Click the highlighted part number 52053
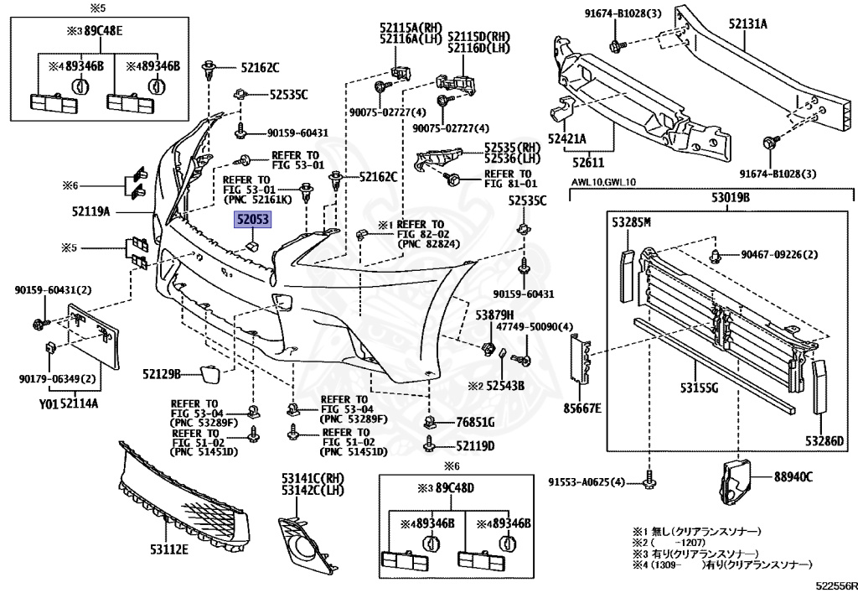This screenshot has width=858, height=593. coord(252,221)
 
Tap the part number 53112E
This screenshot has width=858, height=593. coord(168,550)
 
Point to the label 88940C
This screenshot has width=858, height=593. coord(793,477)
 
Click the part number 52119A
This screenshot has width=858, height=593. coord(91,212)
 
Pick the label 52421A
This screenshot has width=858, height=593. coord(567,139)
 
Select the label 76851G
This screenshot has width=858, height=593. coord(475,422)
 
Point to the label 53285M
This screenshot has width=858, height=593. coord(631,222)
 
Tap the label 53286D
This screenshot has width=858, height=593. coord(824,441)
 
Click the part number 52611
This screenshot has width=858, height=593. coord(587,161)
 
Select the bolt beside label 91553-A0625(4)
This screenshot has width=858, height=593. coord(650,481)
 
